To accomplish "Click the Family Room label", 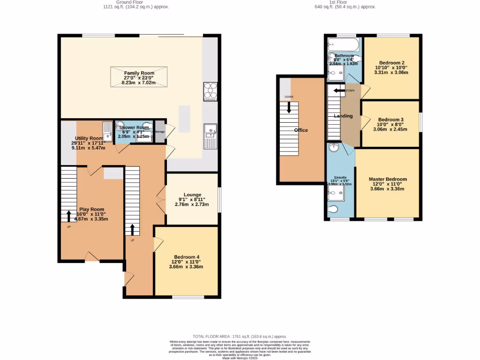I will click(139, 73).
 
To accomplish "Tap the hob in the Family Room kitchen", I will click(210, 92).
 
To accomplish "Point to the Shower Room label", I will click(134, 127).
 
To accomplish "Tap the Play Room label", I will click(91, 210).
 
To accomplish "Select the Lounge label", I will click(192, 195).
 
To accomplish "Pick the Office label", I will click(300, 130).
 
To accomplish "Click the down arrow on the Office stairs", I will click(289, 106).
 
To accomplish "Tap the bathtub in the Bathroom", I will click(344, 45).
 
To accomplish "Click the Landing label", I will click(343, 116).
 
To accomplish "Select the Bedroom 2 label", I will click(392, 63).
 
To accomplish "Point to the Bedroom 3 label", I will click(390, 120).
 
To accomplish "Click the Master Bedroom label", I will click(388, 179).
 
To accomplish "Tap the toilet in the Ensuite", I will click(334, 210).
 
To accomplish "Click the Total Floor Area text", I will click(240, 337).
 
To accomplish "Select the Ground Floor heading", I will click(136, 2).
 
